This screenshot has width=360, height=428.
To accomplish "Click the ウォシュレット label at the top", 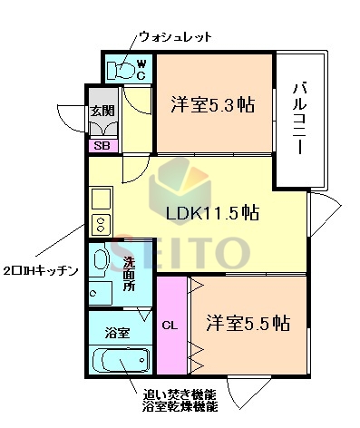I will (x=175, y=36).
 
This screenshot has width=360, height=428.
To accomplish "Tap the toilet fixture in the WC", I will (x=120, y=69).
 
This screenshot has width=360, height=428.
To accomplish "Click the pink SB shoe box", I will (x=100, y=143).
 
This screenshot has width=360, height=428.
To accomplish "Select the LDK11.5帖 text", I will (x=212, y=213).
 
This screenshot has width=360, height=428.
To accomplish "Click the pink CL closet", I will (x=170, y=324).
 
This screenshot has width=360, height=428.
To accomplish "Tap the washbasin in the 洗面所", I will (x=102, y=259).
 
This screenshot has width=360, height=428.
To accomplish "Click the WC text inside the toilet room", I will (x=141, y=69).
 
